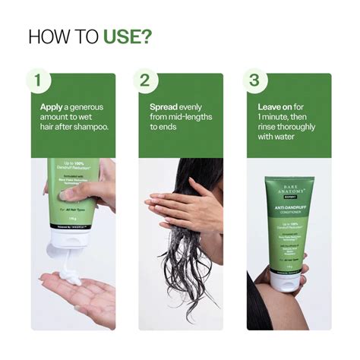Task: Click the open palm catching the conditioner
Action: (76, 292)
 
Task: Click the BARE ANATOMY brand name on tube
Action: (287, 187)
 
